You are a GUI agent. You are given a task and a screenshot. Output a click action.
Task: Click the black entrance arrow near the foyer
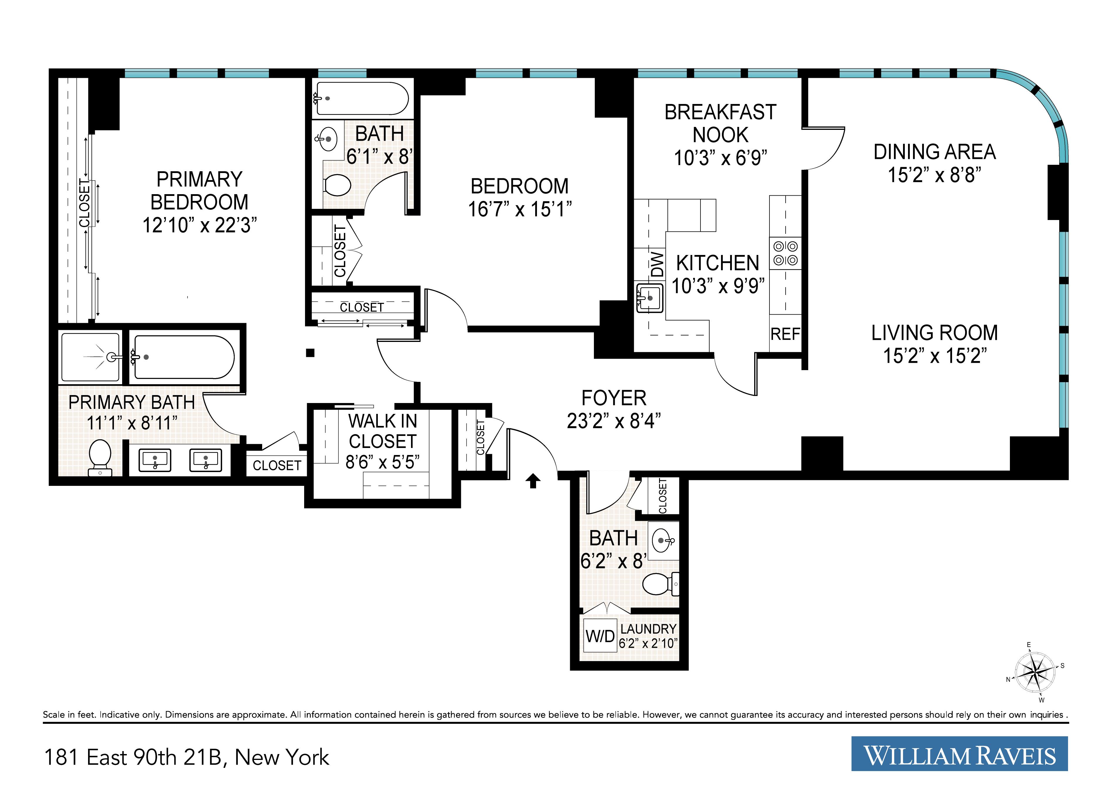[x=533, y=481]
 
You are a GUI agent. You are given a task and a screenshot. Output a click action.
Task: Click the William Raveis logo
[x=960, y=753]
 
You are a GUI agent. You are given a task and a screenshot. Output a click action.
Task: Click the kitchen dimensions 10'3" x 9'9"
[x=718, y=286]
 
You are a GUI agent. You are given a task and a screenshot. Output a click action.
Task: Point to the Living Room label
[x=934, y=333]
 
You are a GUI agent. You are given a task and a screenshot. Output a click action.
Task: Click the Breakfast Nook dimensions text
[x=721, y=157]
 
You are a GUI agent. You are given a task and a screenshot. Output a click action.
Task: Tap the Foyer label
[x=614, y=398]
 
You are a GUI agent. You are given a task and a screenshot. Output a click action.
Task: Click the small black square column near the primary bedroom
[x=310, y=353]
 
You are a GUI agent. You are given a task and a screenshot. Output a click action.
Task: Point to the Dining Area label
[x=934, y=152]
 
